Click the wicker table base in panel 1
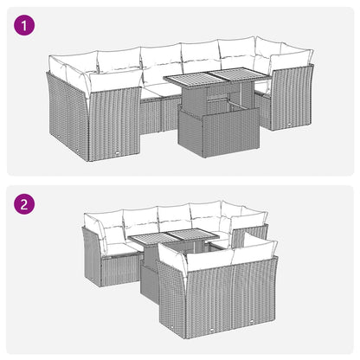(218, 132)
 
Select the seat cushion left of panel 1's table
(158, 91)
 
